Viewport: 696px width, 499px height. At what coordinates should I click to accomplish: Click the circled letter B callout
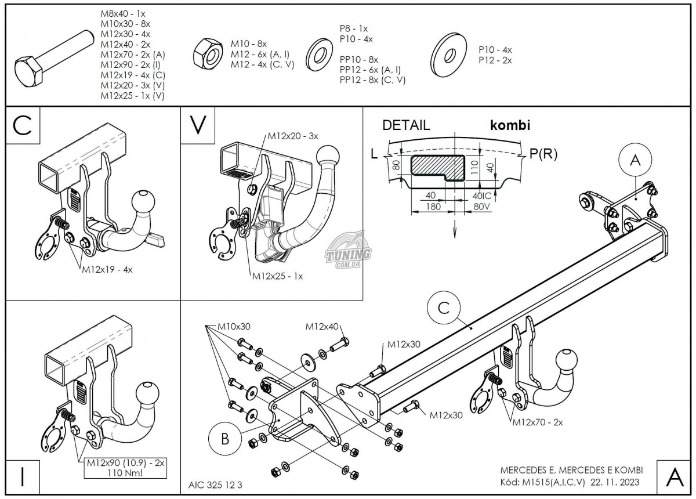point(224,438)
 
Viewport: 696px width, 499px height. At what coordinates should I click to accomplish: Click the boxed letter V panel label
point(198,126)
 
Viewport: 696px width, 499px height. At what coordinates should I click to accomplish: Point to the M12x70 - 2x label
point(538,422)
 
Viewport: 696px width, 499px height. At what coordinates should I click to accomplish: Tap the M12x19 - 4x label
point(107,269)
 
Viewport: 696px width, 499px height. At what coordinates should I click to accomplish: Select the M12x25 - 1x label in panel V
point(277,277)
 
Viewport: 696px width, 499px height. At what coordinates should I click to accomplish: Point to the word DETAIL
point(406,125)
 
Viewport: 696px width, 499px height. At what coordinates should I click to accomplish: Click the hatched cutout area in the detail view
point(436,167)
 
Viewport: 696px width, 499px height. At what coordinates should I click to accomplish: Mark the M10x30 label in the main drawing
point(234,327)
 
